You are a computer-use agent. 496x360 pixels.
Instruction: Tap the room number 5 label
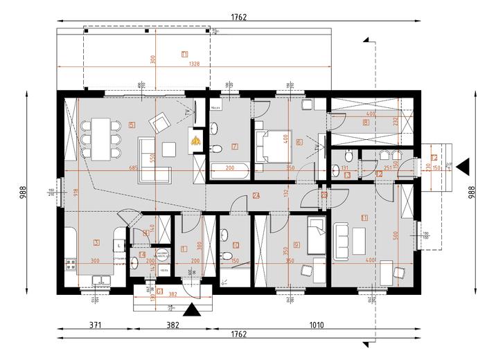(131, 125)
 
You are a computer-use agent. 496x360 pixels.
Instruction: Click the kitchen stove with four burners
(70, 263)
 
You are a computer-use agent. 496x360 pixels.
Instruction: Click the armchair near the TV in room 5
(160, 123)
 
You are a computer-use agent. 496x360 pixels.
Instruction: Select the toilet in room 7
(218, 148)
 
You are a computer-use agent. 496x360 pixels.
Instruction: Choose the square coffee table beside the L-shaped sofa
(169, 147)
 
